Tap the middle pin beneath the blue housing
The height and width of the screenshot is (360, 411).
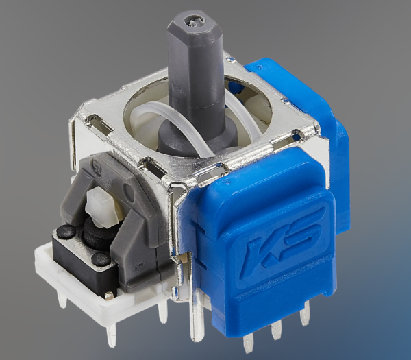[x=277, y=331]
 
